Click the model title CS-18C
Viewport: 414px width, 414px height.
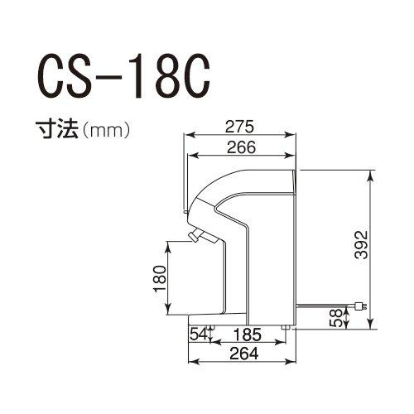click(x=123, y=78)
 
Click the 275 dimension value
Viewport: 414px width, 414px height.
click(x=239, y=127)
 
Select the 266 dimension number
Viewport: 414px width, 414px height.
click(x=241, y=147)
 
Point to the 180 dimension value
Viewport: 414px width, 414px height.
click(x=160, y=279)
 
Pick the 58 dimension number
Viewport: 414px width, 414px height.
click(x=335, y=318)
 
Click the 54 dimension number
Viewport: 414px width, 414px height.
click(x=199, y=335)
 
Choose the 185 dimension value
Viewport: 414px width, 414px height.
click(x=248, y=335)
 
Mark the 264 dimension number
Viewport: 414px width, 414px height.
click(x=244, y=354)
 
